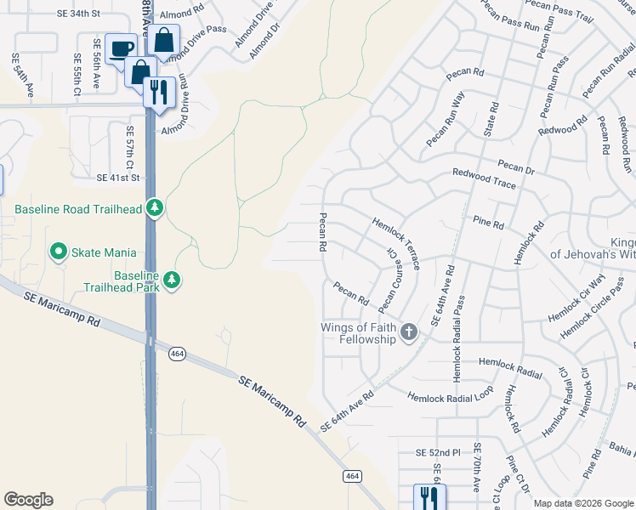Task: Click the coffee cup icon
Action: [121, 47]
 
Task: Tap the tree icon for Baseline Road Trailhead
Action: [154, 207]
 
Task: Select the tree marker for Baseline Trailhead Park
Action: [173, 280]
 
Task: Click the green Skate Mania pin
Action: [59, 252]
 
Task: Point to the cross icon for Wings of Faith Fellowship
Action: [409, 332]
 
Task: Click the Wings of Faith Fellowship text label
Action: [358, 333]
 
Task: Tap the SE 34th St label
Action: [80, 14]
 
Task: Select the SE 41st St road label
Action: [118, 178]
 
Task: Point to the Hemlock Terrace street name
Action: [395, 243]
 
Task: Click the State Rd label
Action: [490, 122]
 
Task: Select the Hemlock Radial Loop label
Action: [450, 396]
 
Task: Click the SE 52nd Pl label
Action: [438, 451]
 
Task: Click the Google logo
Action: [28, 500]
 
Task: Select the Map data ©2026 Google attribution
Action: [582, 503]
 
